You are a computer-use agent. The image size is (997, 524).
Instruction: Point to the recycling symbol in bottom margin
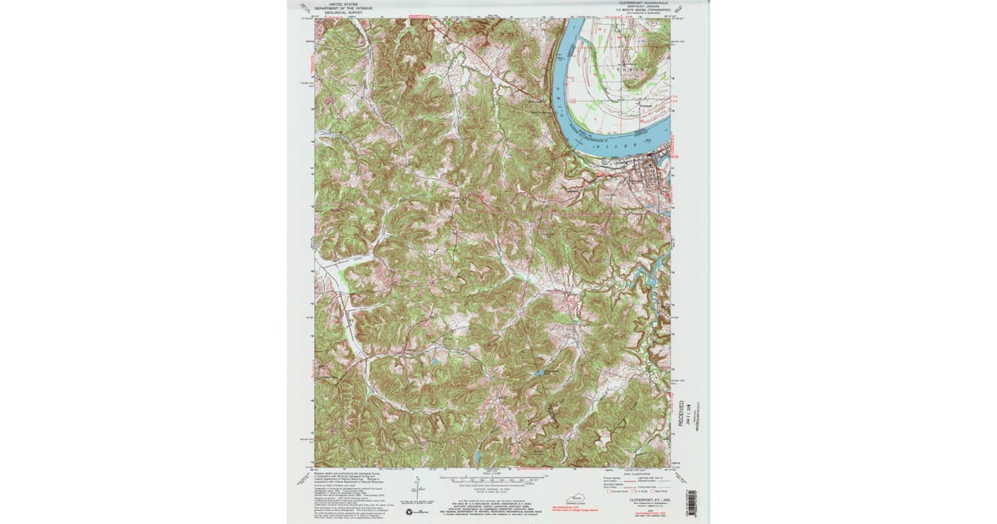coord(411,512)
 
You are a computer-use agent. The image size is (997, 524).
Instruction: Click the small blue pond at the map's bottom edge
coord(479,457)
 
